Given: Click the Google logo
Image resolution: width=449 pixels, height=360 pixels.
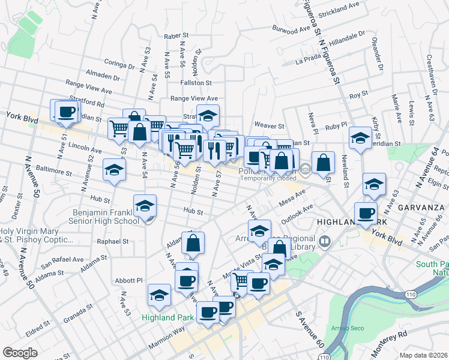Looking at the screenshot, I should (x=20, y=353).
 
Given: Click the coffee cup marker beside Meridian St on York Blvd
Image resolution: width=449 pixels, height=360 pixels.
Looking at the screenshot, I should (x=66, y=111).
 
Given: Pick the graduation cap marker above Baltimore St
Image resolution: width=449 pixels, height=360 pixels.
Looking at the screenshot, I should (x=114, y=170).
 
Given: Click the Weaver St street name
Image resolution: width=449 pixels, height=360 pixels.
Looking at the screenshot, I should (x=269, y=126).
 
